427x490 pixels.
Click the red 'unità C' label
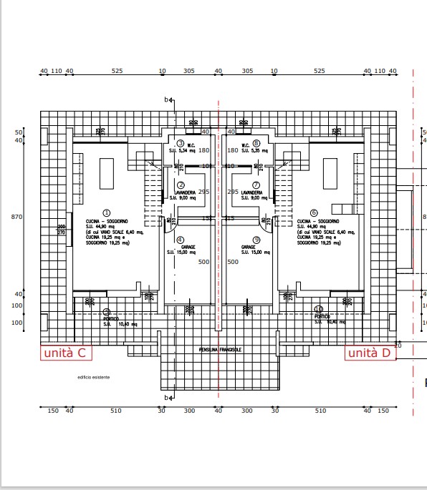click(65, 353)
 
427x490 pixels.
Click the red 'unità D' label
click(370, 353)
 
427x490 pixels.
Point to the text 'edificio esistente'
click(94, 377)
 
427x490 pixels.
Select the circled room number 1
click(106, 212)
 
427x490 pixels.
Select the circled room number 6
click(314, 212)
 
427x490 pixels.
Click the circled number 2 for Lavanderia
click(181, 185)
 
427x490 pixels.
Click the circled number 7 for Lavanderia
click(256, 185)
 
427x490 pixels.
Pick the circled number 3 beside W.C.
click(181, 143)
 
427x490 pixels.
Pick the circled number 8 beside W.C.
click(256, 143)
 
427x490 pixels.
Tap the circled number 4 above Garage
click(180, 240)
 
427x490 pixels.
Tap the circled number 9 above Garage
click(256, 240)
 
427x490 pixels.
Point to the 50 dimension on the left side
click(19, 132)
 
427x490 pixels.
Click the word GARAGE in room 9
click(249, 247)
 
